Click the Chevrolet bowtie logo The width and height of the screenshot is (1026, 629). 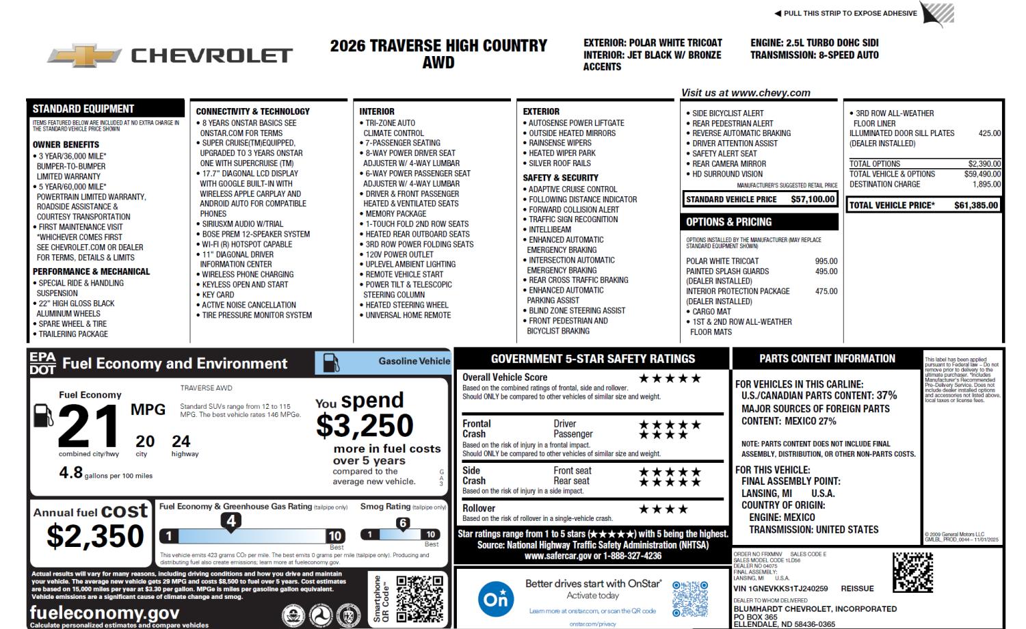tap(84, 55)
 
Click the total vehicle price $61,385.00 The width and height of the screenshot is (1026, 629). tap(976, 205)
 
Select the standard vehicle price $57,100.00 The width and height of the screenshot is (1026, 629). tap(813, 200)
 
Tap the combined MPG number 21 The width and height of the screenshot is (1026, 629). tap(88, 425)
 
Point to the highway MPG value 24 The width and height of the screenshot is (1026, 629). tap(181, 441)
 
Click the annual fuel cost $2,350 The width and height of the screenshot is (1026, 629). tap(95, 536)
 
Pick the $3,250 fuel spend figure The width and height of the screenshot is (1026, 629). tap(365, 425)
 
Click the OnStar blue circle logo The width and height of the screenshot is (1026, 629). tap(496, 599)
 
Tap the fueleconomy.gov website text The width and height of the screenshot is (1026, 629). tap(105, 612)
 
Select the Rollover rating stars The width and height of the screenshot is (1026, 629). tap(663, 509)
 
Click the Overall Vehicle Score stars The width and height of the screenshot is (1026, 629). tap(670, 378)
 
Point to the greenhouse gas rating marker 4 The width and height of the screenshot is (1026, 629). tap(231, 522)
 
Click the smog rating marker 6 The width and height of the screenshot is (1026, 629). tap(403, 523)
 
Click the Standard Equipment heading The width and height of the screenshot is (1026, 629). tap(83, 109)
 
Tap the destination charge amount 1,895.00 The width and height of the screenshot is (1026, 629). tap(986, 184)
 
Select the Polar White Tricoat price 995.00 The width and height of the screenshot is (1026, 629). tap(826, 261)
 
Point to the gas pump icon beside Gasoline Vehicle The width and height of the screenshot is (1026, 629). tap(331, 362)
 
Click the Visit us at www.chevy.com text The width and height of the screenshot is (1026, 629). tap(746, 93)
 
